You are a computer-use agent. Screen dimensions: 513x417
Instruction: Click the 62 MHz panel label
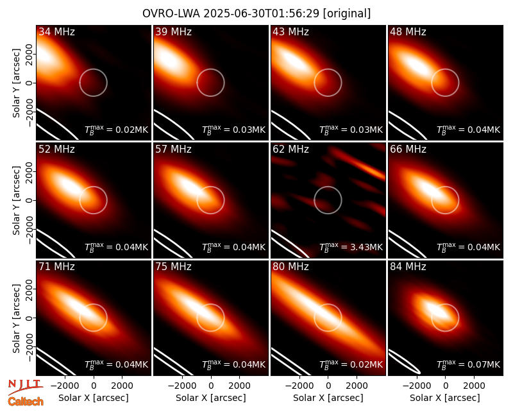[x=290, y=149]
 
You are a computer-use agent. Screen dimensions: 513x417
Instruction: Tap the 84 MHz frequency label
[x=408, y=267]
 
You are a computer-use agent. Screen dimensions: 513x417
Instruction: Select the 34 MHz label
[x=56, y=31]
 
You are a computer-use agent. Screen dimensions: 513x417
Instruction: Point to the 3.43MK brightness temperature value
[x=362, y=247]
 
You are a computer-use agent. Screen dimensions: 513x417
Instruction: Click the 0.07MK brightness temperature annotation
[x=480, y=364]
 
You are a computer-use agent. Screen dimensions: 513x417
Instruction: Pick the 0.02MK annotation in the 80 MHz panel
[x=362, y=364]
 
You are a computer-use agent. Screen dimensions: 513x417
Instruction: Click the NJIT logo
[x=25, y=387]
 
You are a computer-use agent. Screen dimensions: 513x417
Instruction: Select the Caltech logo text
[x=26, y=402]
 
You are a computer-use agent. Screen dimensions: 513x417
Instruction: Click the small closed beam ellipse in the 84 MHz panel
[x=404, y=362]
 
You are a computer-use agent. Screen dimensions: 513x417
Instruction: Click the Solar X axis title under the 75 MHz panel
[x=211, y=398]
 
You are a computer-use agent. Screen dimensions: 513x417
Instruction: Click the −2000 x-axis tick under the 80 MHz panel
[x=299, y=386]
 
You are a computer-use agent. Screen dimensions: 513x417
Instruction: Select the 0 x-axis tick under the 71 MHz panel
[x=94, y=386]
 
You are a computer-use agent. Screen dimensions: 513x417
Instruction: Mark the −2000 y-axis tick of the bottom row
[x=29, y=348]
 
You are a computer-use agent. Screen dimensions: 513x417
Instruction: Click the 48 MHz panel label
[x=408, y=31]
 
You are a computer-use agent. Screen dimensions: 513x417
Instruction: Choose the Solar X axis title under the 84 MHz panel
[x=445, y=398]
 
